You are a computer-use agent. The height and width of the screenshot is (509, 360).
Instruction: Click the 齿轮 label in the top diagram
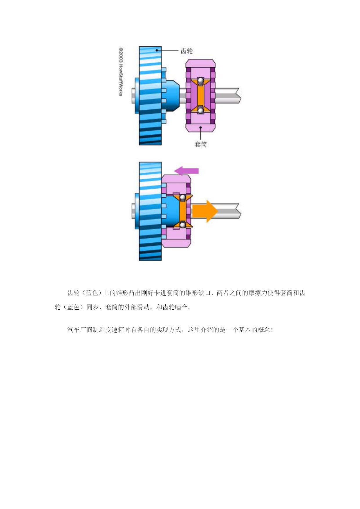pyautogui.click(x=187, y=51)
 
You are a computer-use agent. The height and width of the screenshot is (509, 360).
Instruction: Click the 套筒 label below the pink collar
pyautogui.click(x=200, y=144)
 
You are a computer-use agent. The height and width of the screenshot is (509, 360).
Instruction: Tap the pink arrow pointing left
pyautogui.click(x=186, y=171)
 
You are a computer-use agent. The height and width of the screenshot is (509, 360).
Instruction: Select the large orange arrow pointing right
pyautogui.click(x=205, y=211)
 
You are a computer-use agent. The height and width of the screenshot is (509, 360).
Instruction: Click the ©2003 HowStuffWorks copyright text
pyautogui.click(x=121, y=72)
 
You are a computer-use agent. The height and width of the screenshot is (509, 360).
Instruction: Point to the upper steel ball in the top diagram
pyautogui.click(x=200, y=80)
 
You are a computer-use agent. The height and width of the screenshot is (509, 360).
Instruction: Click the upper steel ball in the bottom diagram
pyautogui.click(x=183, y=198)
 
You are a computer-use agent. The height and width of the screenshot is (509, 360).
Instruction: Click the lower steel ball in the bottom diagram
pyautogui.click(x=183, y=224)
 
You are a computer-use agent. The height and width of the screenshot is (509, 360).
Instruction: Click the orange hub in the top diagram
pyautogui.click(x=200, y=95)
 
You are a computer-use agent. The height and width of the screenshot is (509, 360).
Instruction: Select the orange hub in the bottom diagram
pyautogui.click(x=183, y=211)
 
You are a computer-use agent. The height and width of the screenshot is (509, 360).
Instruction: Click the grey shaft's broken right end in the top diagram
pyautogui.click(x=239, y=95)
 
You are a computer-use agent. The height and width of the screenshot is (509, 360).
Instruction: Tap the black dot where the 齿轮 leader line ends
pyautogui.click(x=157, y=50)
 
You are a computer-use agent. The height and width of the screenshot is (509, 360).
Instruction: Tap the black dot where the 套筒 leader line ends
pyautogui.click(x=200, y=127)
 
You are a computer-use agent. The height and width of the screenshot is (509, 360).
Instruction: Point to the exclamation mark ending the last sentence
pyautogui.click(x=272, y=330)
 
